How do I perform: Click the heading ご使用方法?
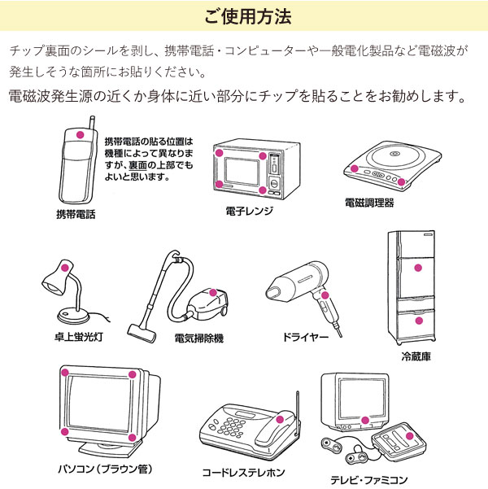pos(244,16)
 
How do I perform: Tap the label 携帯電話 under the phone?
pos(76,214)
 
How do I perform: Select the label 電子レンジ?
pos(249,211)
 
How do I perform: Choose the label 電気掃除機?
pos(198,337)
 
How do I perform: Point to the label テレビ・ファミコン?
pos(368,479)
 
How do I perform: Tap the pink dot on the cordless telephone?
pos(279,419)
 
